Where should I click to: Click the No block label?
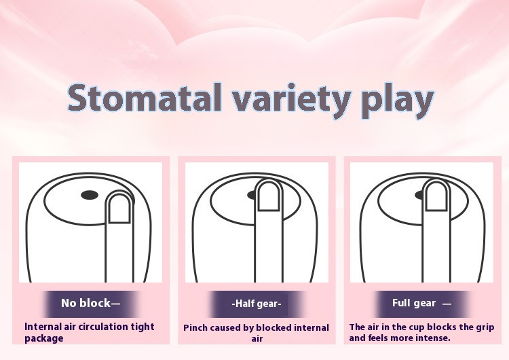(x=90, y=303)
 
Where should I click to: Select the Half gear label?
(x=257, y=304)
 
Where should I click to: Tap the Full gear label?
(x=414, y=303)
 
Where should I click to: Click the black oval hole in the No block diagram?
(x=90, y=195)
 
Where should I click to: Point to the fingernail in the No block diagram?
(x=119, y=209)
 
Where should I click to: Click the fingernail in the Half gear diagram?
(x=268, y=196)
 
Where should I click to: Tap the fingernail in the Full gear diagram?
(x=436, y=196)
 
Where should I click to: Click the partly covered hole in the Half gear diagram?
(x=252, y=195)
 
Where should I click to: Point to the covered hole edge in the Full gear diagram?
(x=419, y=195)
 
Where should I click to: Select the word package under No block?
(x=44, y=338)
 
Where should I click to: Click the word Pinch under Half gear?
(x=195, y=328)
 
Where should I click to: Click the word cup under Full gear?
(x=417, y=327)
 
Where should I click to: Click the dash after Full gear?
(x=447, y=304)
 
